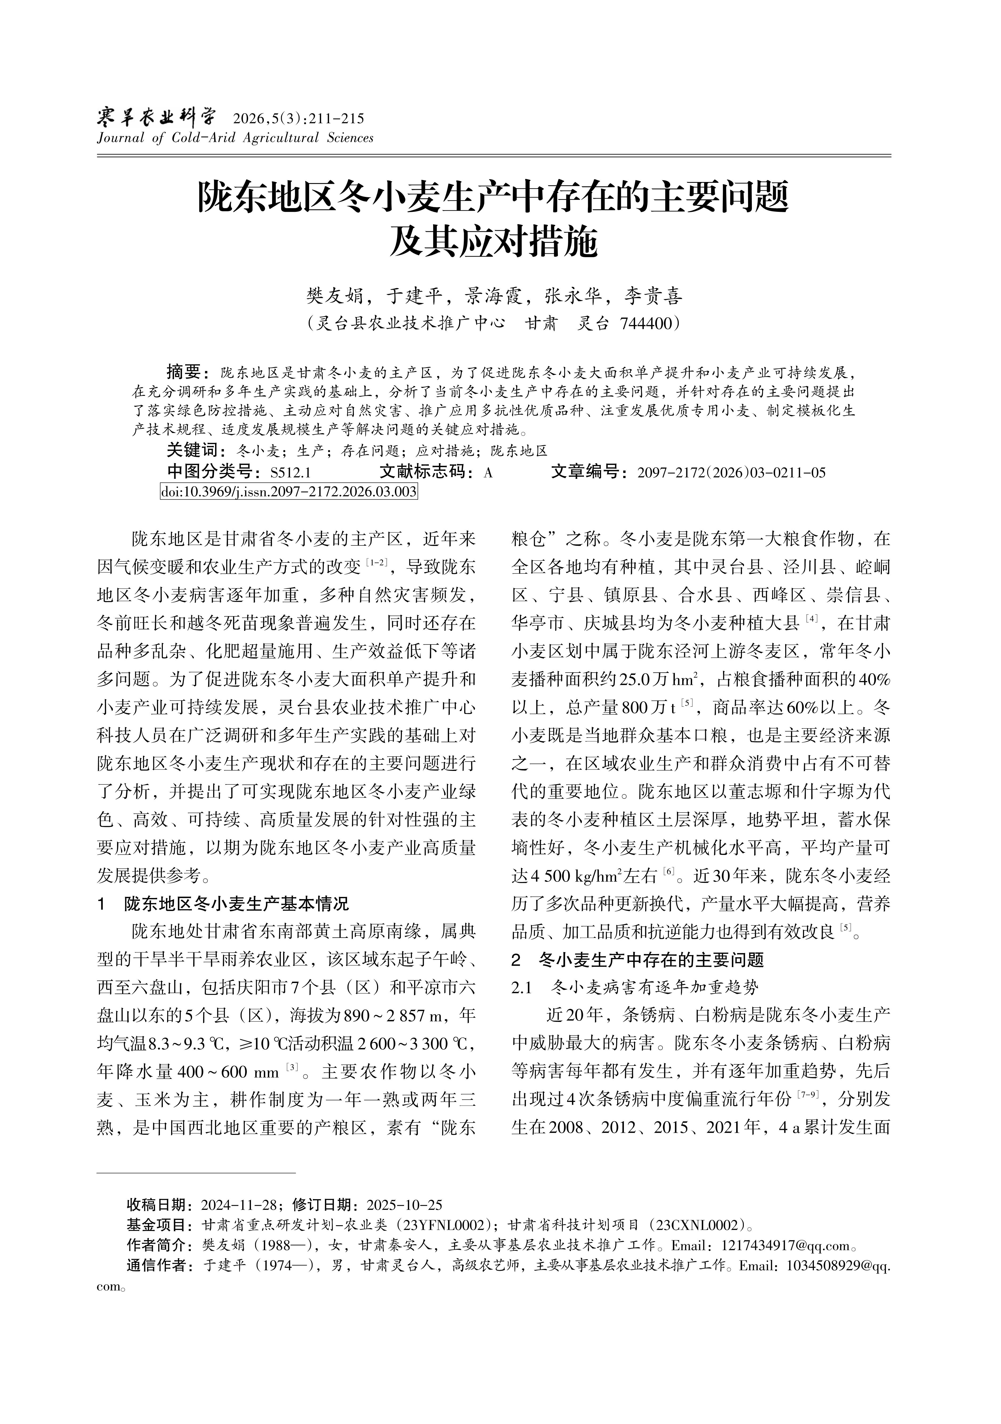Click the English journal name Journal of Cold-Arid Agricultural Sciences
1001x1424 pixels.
[x=235, y=138]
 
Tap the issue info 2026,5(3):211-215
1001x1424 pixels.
[x=298, y=118]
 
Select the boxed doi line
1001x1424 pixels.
[x=288, y=492]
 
